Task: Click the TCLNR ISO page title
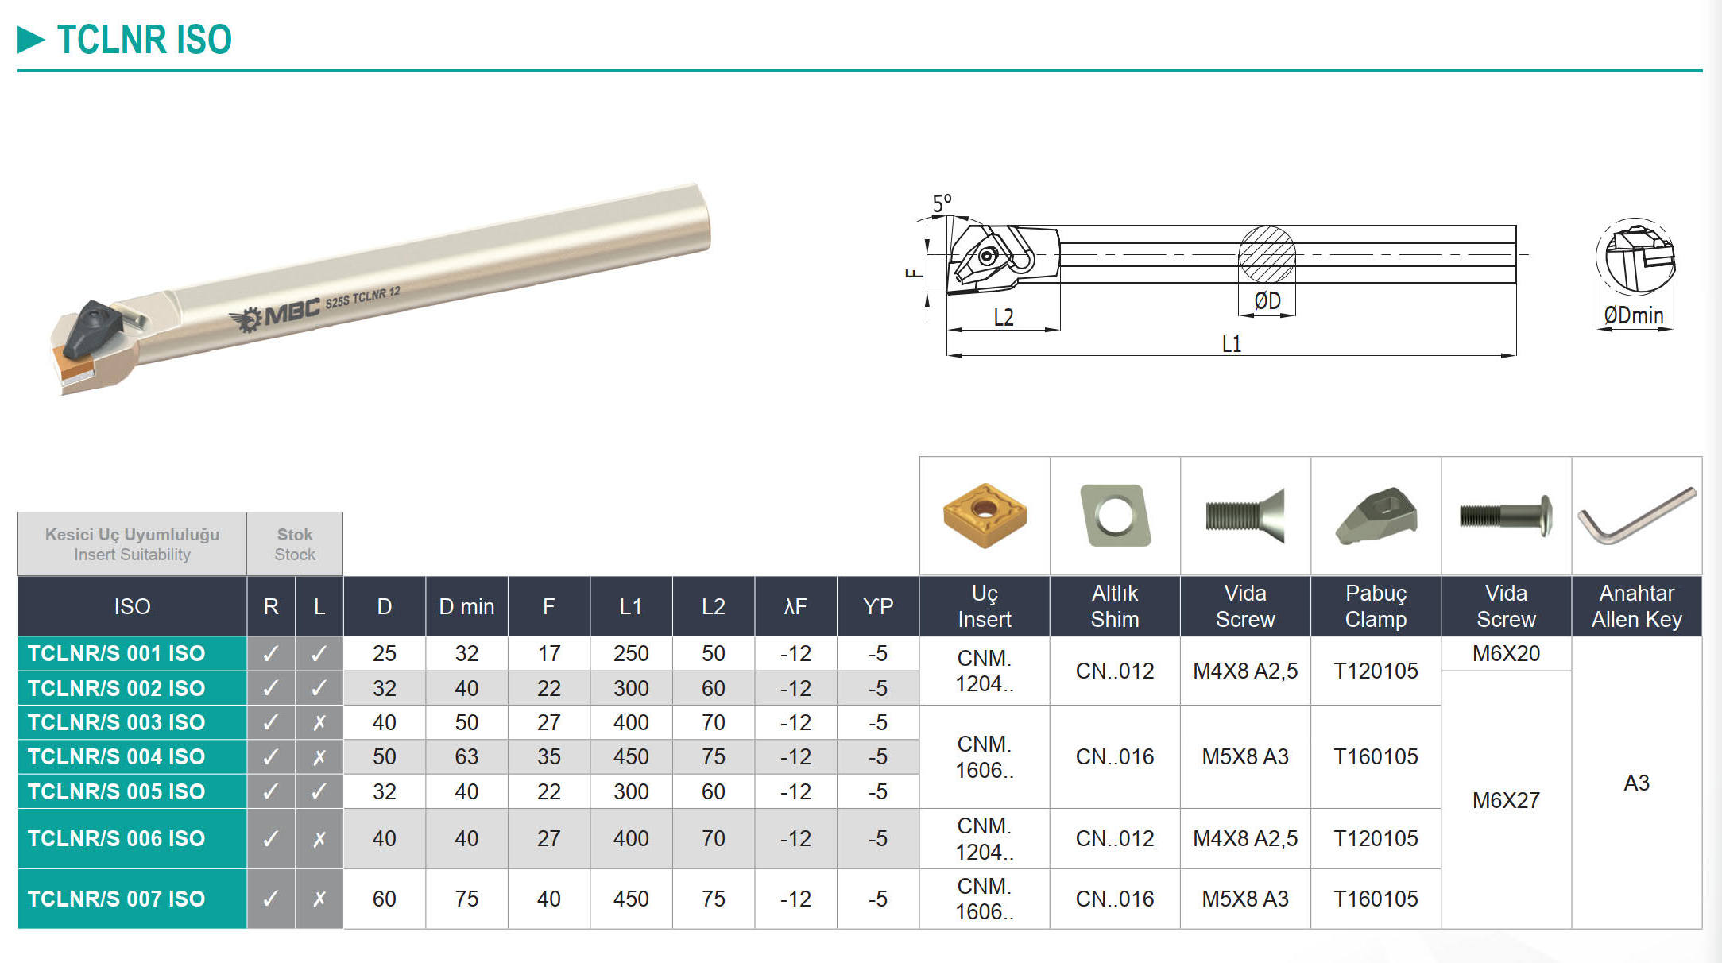pos(144,40)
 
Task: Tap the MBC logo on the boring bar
pos(275,315)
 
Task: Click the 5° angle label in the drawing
pos(942,203)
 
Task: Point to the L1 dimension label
pos(1231,343)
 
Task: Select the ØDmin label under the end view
pos(1634,315)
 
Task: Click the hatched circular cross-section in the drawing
pos(1267,254)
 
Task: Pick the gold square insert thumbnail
pos(985,516)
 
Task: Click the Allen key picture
pos(1637,516)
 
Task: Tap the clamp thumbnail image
pos(1376,516)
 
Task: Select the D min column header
pos(466,606)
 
